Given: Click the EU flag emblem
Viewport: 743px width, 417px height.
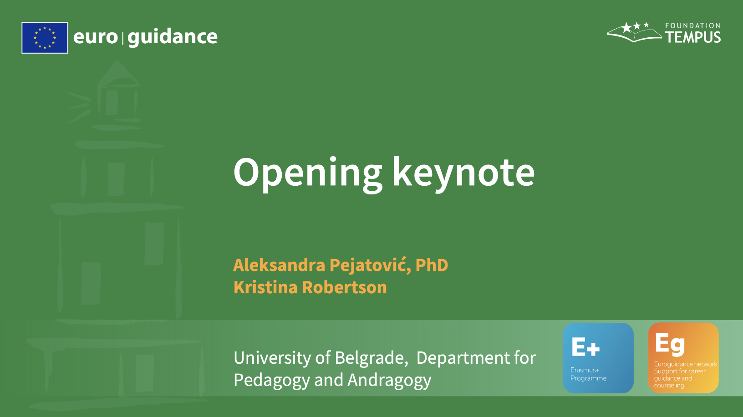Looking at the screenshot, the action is pos(45,37).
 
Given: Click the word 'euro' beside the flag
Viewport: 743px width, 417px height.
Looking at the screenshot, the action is pos(96,37).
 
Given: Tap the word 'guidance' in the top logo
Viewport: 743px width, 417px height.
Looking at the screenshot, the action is pos(173,37).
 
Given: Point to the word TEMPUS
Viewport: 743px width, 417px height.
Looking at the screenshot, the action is pos(693,37).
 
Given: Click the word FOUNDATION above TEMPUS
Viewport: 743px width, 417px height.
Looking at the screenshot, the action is pos(693,25).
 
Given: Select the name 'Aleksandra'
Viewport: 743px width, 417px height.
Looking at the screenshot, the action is pos(279,265).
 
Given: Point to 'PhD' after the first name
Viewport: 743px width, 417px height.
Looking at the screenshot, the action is pos(432,265).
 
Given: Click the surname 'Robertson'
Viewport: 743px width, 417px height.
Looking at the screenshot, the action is pos(344,287).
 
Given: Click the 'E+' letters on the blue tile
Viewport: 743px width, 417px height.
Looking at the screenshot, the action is pos(585,347).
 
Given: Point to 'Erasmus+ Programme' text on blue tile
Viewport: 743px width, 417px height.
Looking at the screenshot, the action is pos(588,374).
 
